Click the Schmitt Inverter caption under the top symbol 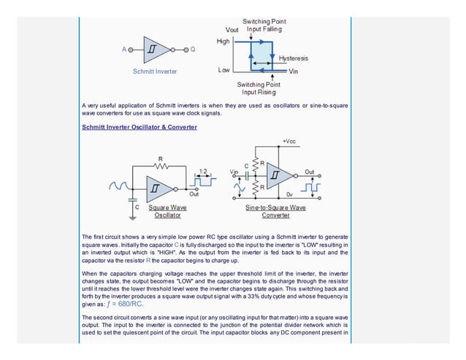(x=154, y=72)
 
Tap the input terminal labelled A (x=124, y=50)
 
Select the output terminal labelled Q (x=193, y=50)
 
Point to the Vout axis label (x=232, y=29)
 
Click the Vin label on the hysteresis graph (x=294, y=72)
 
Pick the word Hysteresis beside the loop (x=294, y=57)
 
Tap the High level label (x=223, y=42)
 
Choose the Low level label (x=224, y=71)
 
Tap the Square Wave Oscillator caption (x=168, y=211)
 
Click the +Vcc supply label (x=289, y=139)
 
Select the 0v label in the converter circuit (x=289, y=195)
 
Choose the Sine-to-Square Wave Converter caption (x=275, y=211)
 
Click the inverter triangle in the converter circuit (x=278, y=176)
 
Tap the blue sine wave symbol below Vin (x=239, y=188)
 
